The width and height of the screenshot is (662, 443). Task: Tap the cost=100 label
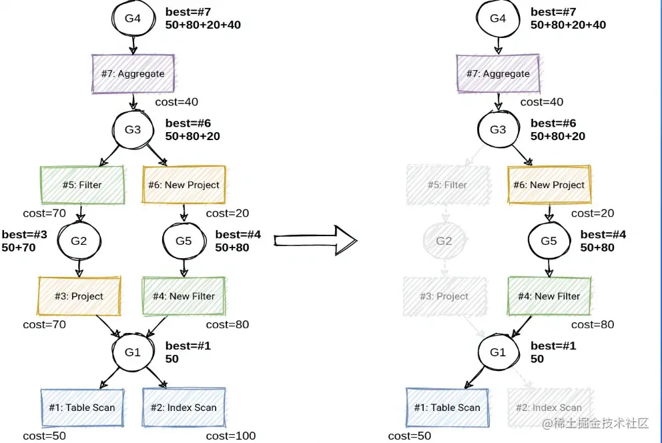[x=231, y=436]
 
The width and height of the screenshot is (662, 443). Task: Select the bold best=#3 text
[x=24, y=234]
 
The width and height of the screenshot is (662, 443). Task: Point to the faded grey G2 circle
[x=444, y=240]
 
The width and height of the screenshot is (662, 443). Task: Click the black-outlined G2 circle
[x=79, y=240]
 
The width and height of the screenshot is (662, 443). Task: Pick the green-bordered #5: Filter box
[x=82, y=185]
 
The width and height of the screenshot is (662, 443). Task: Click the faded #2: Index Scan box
[x=549, y=408]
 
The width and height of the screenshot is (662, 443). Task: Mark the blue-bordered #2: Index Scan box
[x=184, y=407]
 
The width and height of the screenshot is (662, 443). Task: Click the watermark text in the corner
[x=595, y=424]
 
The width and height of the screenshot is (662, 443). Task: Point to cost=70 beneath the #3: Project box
[x=44, y=325]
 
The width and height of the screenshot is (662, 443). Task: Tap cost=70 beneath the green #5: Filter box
[x=44, y=213]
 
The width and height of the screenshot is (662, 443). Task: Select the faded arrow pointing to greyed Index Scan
[x=524, y=380]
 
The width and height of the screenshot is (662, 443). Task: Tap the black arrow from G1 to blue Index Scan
[x=158, y=380]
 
